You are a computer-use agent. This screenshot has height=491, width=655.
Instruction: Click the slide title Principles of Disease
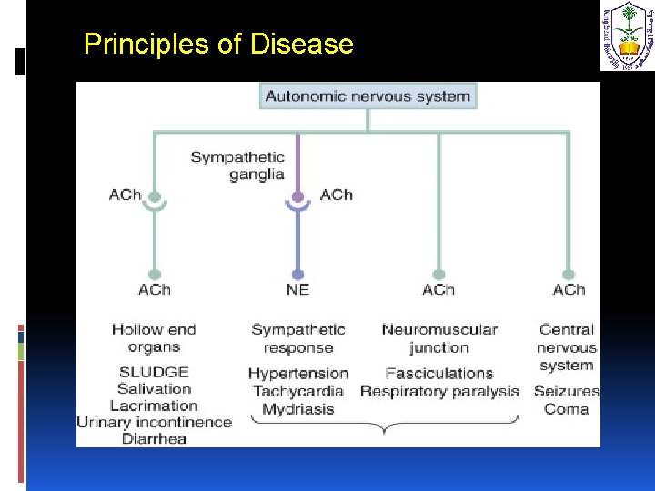[218, 44]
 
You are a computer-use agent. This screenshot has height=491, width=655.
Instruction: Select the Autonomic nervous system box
[368, 96]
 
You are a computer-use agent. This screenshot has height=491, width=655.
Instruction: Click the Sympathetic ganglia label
[237, 165]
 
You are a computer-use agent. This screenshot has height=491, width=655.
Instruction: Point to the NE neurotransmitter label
[297, 289]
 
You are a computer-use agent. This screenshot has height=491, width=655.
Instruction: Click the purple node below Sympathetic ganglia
[297, 195]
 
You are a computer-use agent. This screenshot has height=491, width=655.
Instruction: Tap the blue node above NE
[297, 274]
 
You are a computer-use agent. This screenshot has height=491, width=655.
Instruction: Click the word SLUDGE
[154, 372]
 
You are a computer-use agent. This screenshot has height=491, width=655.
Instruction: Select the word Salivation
[154, 389]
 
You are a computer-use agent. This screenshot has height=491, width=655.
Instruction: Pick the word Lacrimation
[154, 406]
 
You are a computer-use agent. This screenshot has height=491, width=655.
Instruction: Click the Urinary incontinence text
[154, 422]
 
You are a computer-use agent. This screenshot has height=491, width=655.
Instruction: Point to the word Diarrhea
[154, 438]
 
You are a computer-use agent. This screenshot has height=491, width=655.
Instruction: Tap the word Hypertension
[297, 373]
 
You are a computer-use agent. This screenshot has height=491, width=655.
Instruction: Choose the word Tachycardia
[297, 391]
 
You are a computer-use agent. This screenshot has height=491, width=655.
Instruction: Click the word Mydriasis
[297, 409]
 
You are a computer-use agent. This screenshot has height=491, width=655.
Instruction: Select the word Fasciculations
[439, 373]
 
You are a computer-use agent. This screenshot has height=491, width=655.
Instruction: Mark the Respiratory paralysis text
[439, 391]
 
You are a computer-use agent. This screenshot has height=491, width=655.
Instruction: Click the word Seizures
[567, 391]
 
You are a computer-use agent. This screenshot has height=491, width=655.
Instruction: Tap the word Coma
[567, 409]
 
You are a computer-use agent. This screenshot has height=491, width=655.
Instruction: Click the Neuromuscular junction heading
[439, 338]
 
